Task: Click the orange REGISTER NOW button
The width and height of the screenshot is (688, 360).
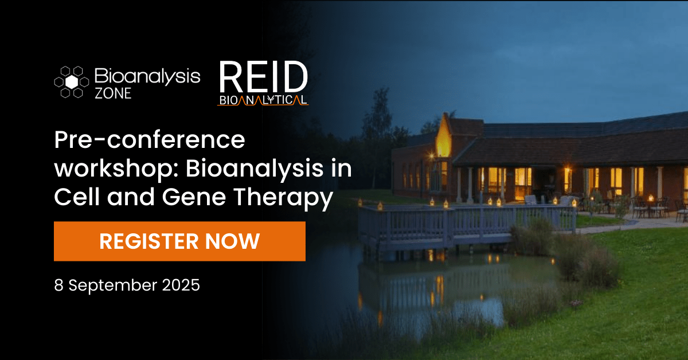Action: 179,241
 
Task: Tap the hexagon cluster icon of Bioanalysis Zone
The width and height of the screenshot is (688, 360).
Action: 72,82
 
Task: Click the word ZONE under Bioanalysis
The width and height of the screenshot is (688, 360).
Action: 113,93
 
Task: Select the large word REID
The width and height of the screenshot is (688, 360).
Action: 263,77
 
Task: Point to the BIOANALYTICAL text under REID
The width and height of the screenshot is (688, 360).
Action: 263,100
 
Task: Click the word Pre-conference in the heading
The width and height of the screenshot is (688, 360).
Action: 150,140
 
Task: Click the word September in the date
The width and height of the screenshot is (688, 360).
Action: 113,286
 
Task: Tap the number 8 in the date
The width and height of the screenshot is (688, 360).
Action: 58,285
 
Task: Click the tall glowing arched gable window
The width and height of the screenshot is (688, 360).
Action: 444,138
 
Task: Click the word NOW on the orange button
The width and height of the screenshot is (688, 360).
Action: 233,241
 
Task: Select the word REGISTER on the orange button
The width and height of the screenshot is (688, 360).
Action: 149,241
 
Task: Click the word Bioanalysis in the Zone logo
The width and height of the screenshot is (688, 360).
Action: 147,76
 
